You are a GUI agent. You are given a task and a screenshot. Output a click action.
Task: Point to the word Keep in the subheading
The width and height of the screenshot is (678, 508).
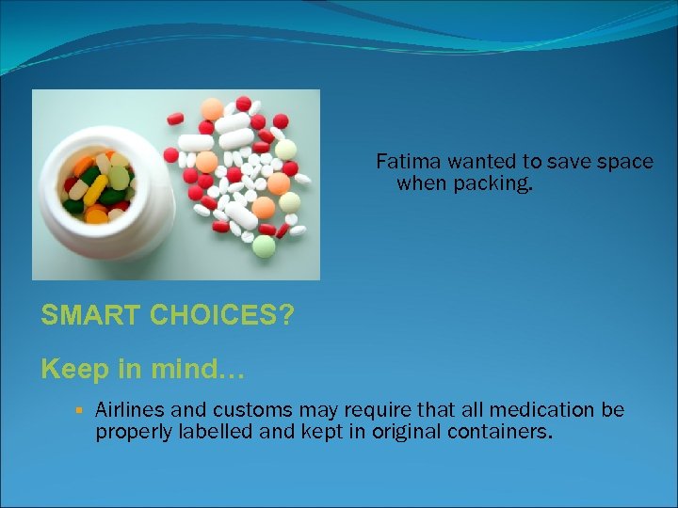[x=73, y=369]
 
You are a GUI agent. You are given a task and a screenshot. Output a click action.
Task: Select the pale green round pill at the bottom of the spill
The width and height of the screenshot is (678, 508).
[x=265, y=246]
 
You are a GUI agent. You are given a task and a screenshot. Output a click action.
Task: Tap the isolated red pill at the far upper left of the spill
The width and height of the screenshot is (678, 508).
[x=175, y=119]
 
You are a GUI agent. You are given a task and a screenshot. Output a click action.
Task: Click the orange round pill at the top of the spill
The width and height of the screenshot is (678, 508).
[x=213, y=109]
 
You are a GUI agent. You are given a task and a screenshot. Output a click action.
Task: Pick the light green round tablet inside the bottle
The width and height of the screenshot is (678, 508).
[x=120, y=178]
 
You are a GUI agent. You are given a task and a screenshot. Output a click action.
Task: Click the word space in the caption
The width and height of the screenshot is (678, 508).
[x=622, y=162]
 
